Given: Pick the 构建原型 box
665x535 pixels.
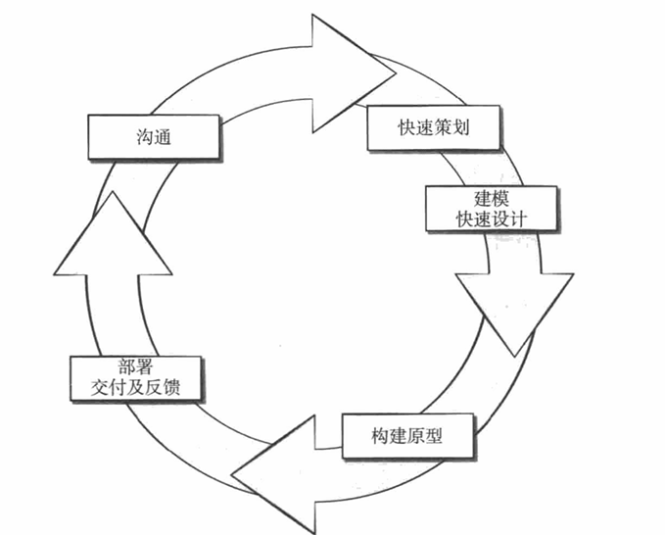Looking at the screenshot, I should pos(408,434).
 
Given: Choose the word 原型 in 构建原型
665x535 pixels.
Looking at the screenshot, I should pos(421,434).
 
